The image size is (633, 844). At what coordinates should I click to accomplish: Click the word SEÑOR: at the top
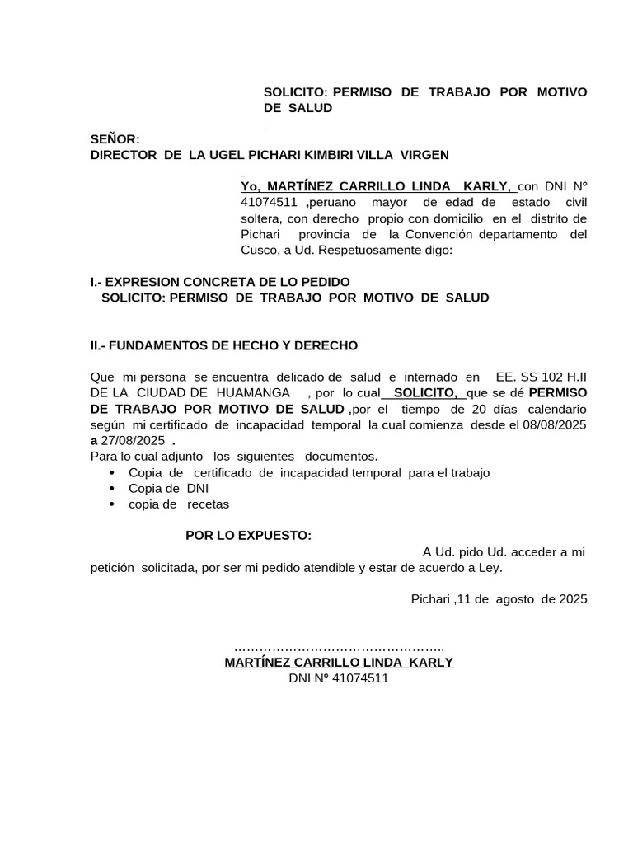(x=115, y=139)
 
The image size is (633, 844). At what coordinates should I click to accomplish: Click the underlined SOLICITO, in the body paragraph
(x=425, y=393)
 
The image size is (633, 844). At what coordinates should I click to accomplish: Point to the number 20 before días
(x=479, y=409)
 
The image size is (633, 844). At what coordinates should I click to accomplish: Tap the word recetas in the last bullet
(x=208, y=504)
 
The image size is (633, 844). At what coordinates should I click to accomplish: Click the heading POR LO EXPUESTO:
(x=248, y=536)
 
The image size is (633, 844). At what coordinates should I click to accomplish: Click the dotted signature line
(x=340, y=648)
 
